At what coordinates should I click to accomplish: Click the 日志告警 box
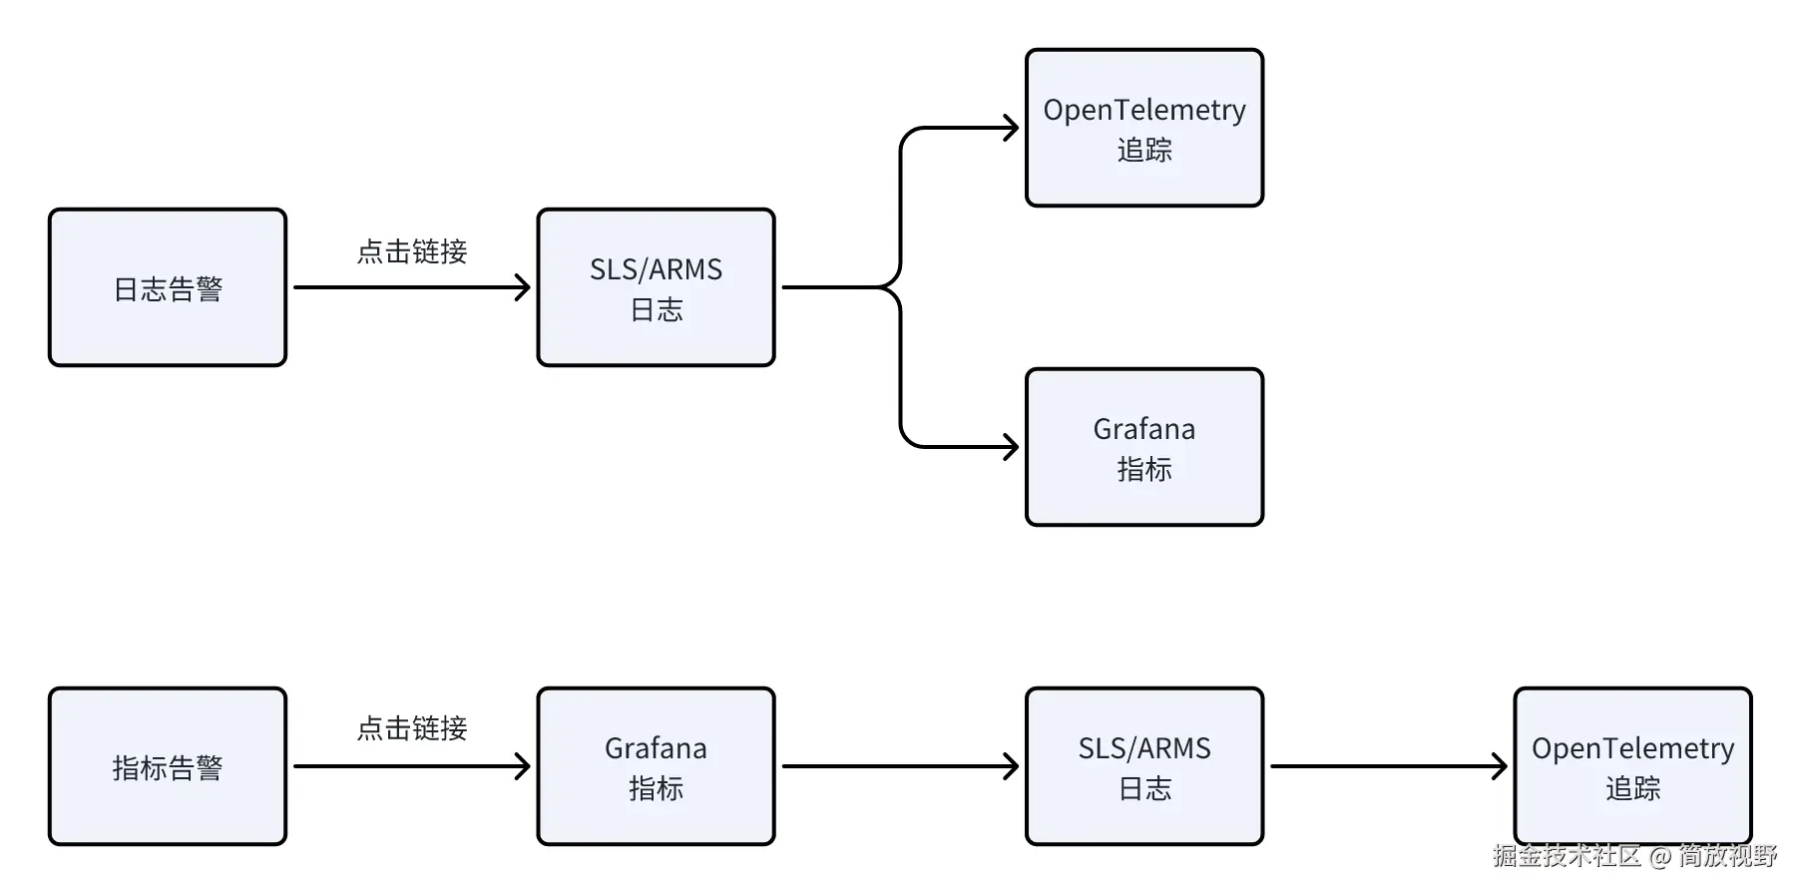tap(168, 287)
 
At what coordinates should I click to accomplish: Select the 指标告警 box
tap(168, 766)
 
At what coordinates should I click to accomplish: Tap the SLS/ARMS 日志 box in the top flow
tap(657, 287)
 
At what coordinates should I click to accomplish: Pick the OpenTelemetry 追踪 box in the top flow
tap(1144, 128)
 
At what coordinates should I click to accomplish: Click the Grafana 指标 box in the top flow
tap(1144, 447)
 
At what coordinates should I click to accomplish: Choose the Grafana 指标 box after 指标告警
tap(657, 766)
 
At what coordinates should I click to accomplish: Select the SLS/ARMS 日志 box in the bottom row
tap(1144, 766)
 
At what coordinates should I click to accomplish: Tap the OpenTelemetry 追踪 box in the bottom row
tap(1633, 766)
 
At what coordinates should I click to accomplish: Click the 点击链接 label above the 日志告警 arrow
tap(412, 251)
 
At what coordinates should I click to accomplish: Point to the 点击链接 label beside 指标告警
tap(412, 728)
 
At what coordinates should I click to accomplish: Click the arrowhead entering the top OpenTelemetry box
tap(1011, 128)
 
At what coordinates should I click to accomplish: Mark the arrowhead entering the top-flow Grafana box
tap(1011, 447)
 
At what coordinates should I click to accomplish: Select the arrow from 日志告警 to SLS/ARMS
tap(412, 287)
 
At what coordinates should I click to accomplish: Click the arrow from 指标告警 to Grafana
tap(412, 766)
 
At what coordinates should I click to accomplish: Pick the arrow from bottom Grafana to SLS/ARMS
tap(900, 766)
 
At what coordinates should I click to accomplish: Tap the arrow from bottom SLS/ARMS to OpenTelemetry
tap(1389, 766)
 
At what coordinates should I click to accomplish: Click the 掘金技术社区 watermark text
tap(1567, 856)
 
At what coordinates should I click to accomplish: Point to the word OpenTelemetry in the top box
tap(1144, 110)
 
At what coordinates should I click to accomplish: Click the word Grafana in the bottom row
tap(656, 748)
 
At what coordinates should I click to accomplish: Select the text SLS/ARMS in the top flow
tap(656, 269)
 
